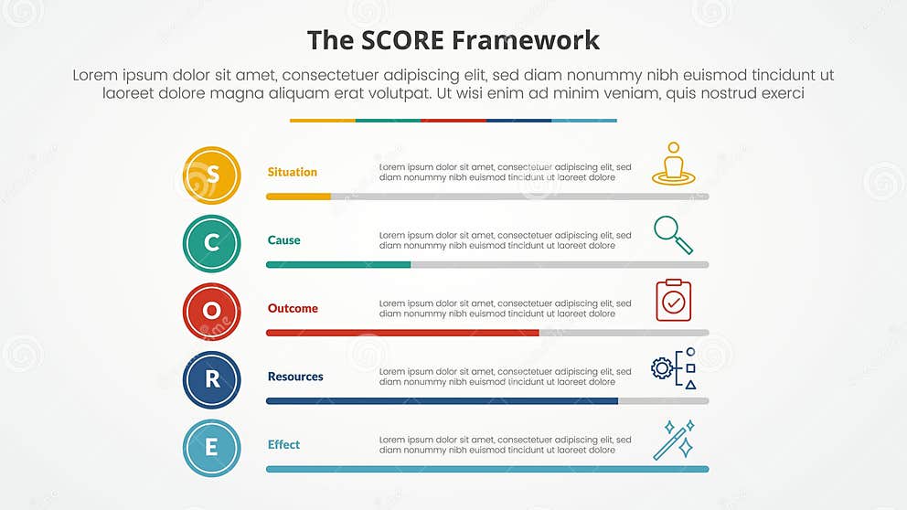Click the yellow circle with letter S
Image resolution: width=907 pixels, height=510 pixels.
[211, 175]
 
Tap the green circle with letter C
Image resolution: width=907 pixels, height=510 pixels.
[211, 243]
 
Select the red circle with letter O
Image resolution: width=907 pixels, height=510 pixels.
[211, 312]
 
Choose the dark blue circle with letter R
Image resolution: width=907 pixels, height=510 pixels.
[211, 380]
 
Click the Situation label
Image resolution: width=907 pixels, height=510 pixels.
[293, 172]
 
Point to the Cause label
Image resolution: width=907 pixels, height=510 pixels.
[283, 240]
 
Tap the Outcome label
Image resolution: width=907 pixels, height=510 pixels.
[293, 309]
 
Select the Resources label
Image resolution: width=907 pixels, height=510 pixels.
[295, 377]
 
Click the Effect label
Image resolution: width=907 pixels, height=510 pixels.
[283, 445]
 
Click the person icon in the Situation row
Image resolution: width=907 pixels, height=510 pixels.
[674, 165]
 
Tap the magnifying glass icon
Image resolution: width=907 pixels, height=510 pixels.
[673, 234]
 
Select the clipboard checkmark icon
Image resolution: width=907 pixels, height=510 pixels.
[674, 301]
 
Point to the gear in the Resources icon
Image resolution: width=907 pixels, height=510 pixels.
[661, 368]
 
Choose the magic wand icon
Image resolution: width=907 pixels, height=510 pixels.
[674, 440]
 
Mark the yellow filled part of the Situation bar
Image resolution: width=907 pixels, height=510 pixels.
[298, 197]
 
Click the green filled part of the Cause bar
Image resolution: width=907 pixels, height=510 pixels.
[338, 265]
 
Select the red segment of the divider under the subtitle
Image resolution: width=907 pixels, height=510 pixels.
[453, 120]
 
